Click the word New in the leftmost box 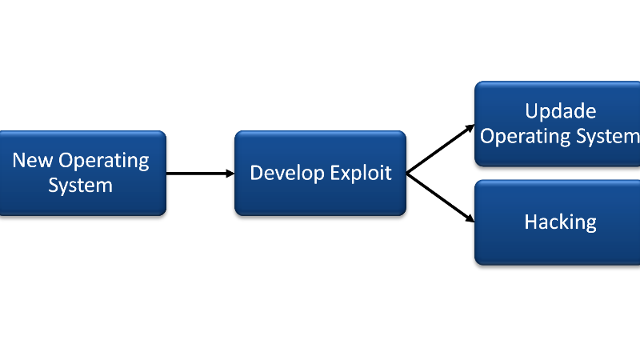tap(32, 160)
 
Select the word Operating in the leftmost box tap(104, 162)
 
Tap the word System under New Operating tap(81, 186)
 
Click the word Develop tap(287, 174)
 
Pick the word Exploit tap(361, 174)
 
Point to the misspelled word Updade tap(561, 111)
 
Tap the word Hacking tap(561, 223)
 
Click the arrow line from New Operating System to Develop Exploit tap(200, 174)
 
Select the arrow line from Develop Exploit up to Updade tap(441, 149)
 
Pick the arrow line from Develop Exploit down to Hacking tap(441, 198)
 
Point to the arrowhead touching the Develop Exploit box tap(230, 174)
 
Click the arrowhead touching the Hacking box tap(470, 218)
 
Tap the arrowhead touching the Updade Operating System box tap(470, 128)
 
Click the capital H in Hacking tap(530, 222)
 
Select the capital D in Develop tap(257, 173)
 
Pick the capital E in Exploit tap(335, 173)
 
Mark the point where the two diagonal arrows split tap(407, 174)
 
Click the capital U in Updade tap(531, 111)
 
